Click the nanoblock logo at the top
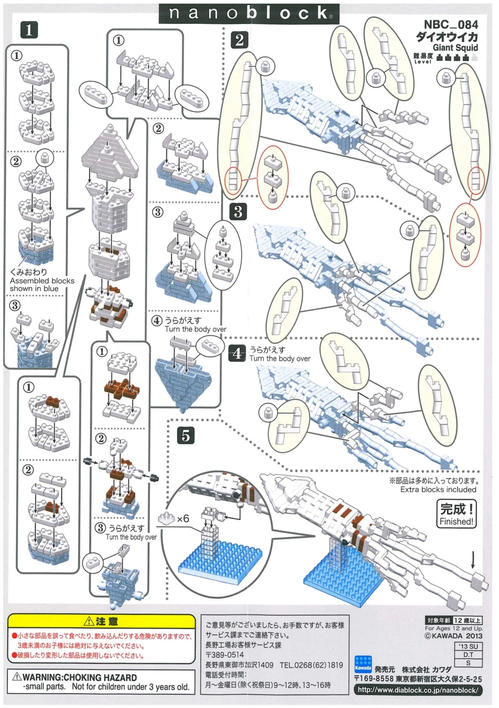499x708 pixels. pyautogui.click(x=249, y=13)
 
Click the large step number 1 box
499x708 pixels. pyautogui.click(x=29, y=30)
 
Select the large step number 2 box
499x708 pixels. pyautogui.click(x=239, y=40)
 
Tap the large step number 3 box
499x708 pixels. pyautogui.click(x=238, y=211)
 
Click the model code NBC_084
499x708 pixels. pyautogui.click(x=451, y=25)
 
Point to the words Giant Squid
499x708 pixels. pyautogui.click(x=455, y=48)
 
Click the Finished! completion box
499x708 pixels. pyautogui.click(x=457, y=514)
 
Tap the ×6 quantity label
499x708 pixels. pyautogui.click(x=182, y=519)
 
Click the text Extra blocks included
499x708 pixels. pyautogui.click(x=438, y=489)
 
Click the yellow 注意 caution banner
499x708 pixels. pyautogui.click(x=101, y=621)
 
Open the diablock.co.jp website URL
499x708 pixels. pyautogui.click(x=417, y=690)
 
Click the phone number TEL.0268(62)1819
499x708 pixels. pyautogui.click(x=311, y=665)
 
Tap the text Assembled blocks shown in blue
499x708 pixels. pyautogui.click(x=42, y=285)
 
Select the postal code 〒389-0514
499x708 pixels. pyautogui.click(x=225, y=654)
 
